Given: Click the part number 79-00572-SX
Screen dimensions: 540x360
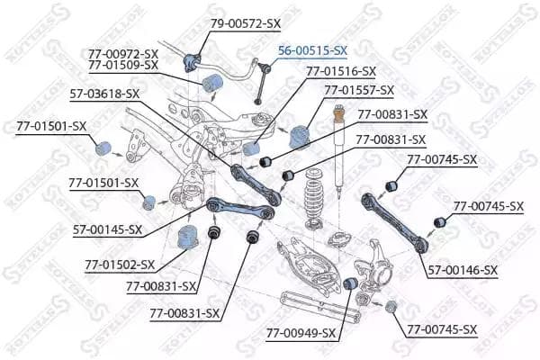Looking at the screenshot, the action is [x=246, y=23].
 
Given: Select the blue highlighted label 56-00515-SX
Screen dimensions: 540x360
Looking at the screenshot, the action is [x=312, y=50].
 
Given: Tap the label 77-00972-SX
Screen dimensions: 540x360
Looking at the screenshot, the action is [x=123, y=54].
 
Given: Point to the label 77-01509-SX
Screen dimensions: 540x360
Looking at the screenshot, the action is [x=123, y=65].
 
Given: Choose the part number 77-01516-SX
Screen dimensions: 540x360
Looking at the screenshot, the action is [x=341, y=71].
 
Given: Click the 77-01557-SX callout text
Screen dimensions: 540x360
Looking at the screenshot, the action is [x=359, y=90].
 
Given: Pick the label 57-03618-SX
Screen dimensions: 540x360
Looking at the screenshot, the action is [x=104, y=94].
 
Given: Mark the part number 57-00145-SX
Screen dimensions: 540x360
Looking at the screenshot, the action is [x=107, y=229].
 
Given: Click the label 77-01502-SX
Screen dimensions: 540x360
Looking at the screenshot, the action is [x=120, y=265].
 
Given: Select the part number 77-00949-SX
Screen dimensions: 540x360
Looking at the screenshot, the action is [x=301, y=333].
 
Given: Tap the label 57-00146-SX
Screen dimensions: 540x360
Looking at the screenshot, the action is [x=463, y=270].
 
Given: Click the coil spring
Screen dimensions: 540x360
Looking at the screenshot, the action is [x=314, y=198].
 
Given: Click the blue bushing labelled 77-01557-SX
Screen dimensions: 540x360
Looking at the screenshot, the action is [x=300, y=138].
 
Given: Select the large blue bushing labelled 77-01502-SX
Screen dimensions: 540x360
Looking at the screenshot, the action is [x=188, y=237].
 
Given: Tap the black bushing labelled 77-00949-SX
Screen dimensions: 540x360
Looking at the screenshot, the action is [x=351, y=283].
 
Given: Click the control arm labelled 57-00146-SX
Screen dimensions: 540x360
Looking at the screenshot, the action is [x=395, y=222].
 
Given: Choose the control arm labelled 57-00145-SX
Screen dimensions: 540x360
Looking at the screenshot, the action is [x=240, y=208].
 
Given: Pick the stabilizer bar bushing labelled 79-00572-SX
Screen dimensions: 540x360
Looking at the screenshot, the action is [x=192, y=62].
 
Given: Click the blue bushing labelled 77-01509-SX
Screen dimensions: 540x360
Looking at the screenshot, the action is [x=212, y=83].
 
